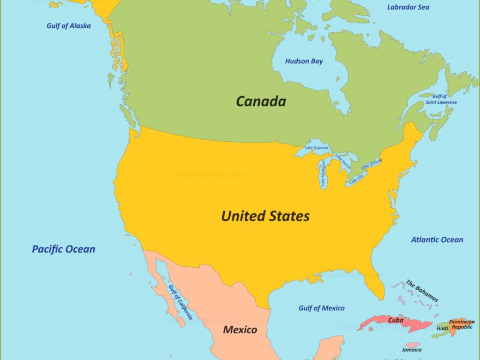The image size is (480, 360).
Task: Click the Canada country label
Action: [261, 101]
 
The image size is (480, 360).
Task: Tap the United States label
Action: [265, 216]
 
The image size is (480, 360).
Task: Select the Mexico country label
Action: [240, 329]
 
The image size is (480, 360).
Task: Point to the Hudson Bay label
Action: [304, 61]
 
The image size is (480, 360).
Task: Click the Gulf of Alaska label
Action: [69, 26]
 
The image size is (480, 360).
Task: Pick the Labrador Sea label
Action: [408, 7]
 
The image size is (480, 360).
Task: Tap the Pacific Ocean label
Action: [63, 249]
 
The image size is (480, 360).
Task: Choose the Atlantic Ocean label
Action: [437, 239]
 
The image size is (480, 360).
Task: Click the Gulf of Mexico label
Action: [321, 308]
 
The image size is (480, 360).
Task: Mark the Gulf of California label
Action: [180, 302]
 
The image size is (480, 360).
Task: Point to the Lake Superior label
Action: [317, 148]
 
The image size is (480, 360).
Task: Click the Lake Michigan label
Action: [323, 175]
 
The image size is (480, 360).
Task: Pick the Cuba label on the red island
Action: [395, 320]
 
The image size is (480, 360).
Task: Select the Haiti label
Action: [442, 328]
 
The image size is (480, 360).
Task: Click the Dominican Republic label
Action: [461, 325]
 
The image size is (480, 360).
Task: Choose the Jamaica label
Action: [411, 350]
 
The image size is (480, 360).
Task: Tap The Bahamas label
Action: [422, 291]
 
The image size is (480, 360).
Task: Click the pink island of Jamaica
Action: [413, 345]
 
